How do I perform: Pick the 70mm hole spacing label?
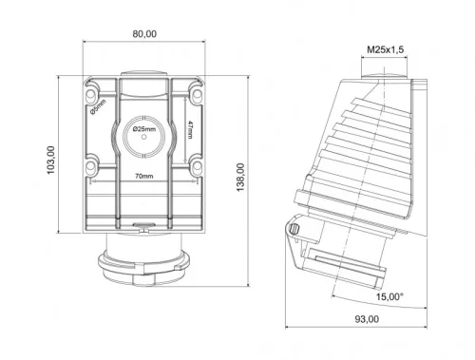pos(144,177)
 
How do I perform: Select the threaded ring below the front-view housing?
pos(142,262)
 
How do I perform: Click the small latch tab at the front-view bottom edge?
pos(143,228)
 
